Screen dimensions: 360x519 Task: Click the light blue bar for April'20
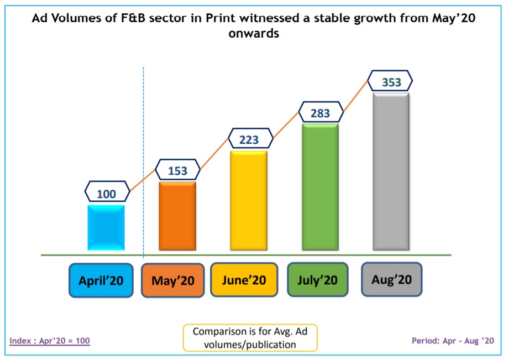point(106,227)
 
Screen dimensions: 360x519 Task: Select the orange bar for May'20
point(177,216)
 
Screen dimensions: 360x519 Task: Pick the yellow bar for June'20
point(248,200)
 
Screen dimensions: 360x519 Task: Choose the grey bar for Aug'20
point(391,171)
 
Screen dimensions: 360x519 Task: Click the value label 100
point(106,194)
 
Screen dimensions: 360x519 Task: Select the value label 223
point(249,139)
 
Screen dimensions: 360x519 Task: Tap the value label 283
point(320,113)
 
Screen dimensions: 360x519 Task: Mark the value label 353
point(391,82)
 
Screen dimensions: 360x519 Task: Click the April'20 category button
point(101,280)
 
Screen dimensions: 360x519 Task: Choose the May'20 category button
point(173,280)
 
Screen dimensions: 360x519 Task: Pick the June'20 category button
point(244,279)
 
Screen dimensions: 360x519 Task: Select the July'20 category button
point(317,279)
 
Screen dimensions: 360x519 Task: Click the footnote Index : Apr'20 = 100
point(50,341)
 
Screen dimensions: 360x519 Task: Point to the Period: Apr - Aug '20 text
point(453,341)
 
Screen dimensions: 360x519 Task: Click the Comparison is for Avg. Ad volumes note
point(250,338)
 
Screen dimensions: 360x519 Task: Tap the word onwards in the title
point(253,33)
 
